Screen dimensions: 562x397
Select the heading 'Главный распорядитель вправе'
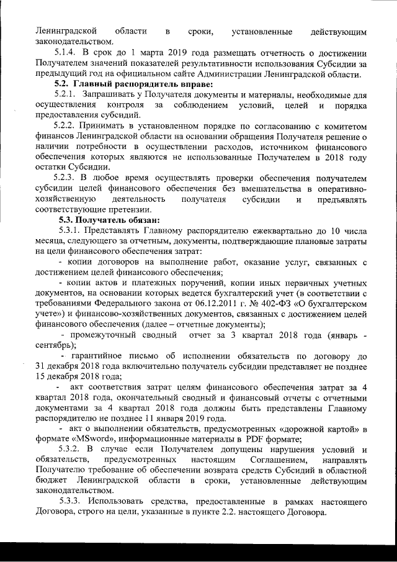point(143,84)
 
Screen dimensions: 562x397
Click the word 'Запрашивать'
point(111,94)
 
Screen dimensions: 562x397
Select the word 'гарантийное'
point(99,357)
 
